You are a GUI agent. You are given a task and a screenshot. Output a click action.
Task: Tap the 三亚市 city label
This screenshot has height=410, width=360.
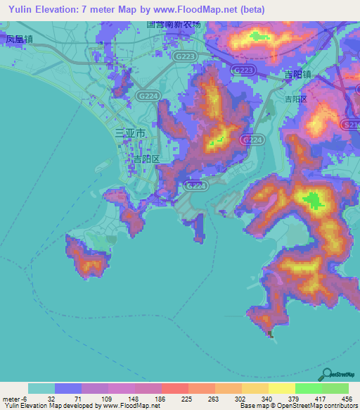130,133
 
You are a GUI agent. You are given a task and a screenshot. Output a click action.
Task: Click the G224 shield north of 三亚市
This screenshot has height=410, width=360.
148,94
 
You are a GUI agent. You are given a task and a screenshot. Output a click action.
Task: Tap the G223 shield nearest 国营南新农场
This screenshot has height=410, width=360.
186,56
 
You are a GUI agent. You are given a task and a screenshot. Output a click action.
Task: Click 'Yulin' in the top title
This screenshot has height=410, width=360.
18,9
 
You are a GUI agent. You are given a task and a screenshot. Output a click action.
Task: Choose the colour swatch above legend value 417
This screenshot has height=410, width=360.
308,388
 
